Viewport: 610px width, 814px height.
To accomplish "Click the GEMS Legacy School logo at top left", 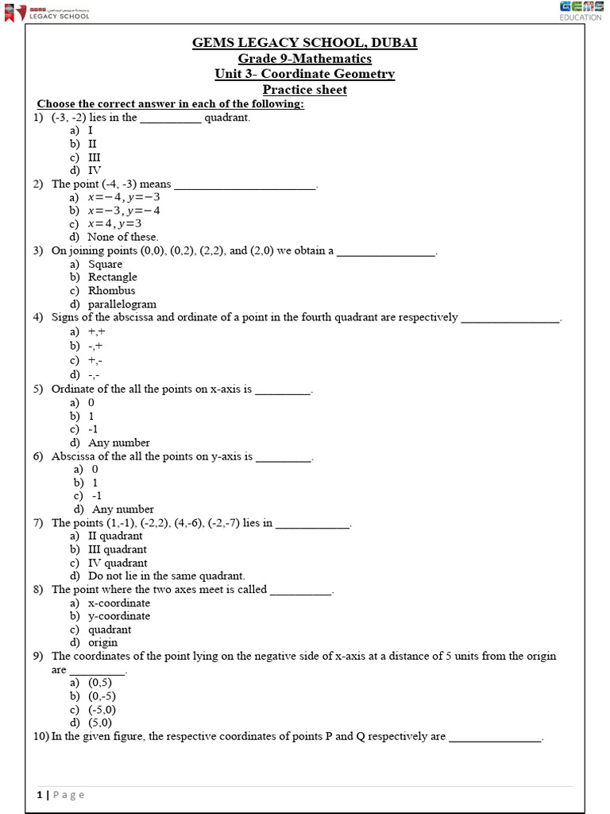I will click(48, 11).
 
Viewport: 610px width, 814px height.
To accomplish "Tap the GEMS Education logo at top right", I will click(581, 11).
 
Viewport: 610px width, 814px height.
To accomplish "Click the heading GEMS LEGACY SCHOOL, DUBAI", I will click(305, 43).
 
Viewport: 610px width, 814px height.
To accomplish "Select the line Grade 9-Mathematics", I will click(305, 59).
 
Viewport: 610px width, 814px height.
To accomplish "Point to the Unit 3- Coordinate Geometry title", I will click(305, 74).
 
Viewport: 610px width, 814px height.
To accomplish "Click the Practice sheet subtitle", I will click(305, 90).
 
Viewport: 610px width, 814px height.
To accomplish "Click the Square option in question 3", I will click(105, 264).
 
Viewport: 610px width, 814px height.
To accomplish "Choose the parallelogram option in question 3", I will click(122, 304).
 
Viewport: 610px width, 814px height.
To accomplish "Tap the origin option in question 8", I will click(102, 642).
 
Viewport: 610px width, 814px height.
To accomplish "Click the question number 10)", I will click(41, 737).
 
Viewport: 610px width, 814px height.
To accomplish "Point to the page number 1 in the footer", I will click(39, 795).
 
